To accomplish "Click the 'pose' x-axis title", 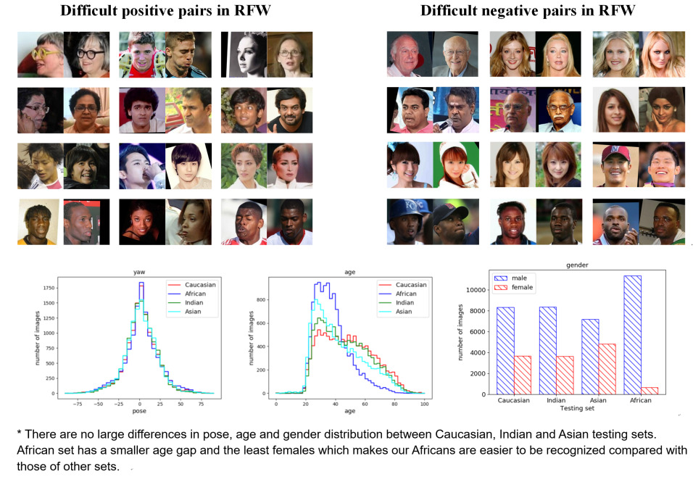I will [140, 410].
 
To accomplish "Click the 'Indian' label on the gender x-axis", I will [557, 400].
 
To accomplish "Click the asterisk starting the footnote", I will [20, 433].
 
